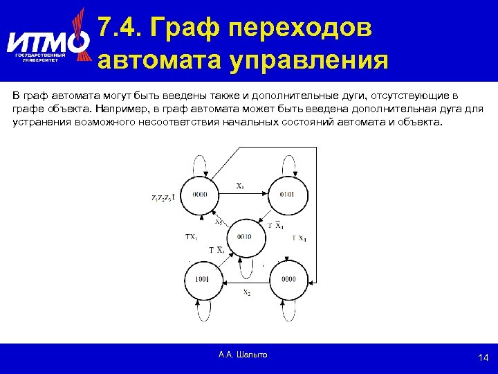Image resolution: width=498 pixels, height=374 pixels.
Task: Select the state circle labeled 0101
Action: (288, 195)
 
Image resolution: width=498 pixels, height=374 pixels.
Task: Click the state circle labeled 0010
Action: (244, 237)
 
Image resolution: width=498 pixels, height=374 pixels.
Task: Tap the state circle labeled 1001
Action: (201, 279)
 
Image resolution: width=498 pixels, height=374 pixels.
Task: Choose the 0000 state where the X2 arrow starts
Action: (288, 279)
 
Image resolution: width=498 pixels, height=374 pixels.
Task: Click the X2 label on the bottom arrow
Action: (246, 293)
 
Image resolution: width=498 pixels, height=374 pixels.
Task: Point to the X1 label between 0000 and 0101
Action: (240, 185)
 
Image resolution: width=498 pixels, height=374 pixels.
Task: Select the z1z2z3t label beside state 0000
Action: (163, 197)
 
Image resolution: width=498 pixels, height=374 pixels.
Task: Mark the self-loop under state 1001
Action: (201, 312)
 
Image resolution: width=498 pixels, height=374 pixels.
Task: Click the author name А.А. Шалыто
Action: (243, 355)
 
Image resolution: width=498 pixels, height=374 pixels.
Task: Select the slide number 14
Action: (483, 357)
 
